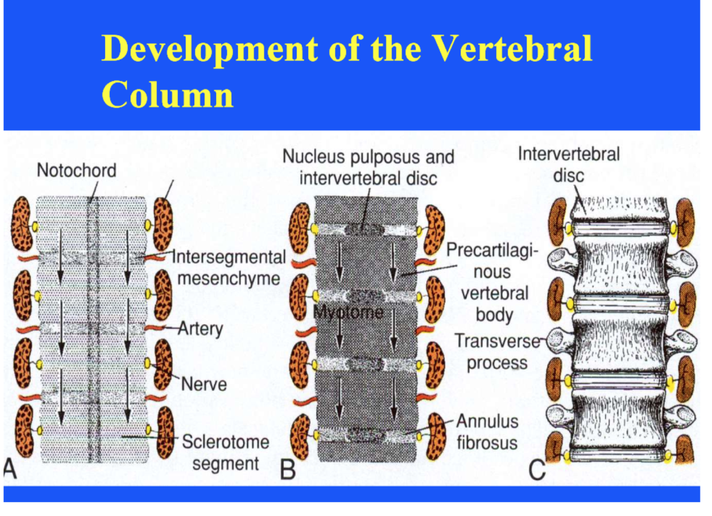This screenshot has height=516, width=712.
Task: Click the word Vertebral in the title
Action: (512, 49)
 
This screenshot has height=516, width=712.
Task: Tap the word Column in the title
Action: (168, 95)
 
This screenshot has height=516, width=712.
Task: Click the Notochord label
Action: (76, 170)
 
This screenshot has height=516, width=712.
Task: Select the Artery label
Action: (200, 329)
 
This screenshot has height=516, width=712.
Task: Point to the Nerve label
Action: (204, 384)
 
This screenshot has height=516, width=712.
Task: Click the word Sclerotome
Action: (225, 442)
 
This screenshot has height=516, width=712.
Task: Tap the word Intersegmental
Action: (229, 257)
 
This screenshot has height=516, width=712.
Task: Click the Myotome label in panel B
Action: (348, 312)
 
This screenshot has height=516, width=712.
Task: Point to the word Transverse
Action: (497, 341)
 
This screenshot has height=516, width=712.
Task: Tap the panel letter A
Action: (10, 469)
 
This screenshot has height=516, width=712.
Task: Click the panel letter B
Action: (288, 470)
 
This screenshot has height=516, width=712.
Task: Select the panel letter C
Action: (536, 470)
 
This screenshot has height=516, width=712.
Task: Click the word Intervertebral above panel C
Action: (568, 154)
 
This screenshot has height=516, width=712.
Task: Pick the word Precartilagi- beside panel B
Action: (492, 250)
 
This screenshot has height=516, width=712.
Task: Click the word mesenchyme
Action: (228, 278)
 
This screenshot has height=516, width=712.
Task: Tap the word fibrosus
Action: (487, 443)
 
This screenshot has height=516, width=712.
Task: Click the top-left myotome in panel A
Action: (22, 224)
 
